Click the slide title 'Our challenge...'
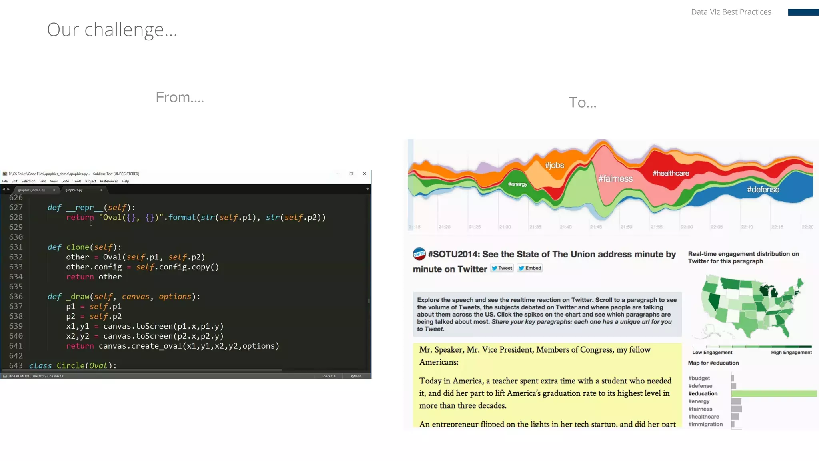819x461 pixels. (112, 30)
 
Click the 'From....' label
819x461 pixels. (180, 97)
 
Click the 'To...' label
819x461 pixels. (583, 102)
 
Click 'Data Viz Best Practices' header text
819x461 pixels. (731, 12)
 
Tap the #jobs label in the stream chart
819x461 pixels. (554, 165)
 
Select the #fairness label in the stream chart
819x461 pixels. (615, 179)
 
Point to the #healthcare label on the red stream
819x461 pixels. (671, 173)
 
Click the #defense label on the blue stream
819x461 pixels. (763, 190)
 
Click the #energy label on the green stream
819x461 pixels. (517, 184)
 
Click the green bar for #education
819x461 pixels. (774, 394)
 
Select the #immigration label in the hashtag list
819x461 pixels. (705, 424)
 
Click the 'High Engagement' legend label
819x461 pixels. (791, 353)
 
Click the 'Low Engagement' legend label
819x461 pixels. (712, 353)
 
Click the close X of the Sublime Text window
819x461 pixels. (364, 174)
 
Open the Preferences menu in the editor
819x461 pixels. (109, 181)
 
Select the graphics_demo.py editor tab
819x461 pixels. (32, 190)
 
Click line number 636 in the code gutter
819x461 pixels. (16, 297)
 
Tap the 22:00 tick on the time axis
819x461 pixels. (687, 227)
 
